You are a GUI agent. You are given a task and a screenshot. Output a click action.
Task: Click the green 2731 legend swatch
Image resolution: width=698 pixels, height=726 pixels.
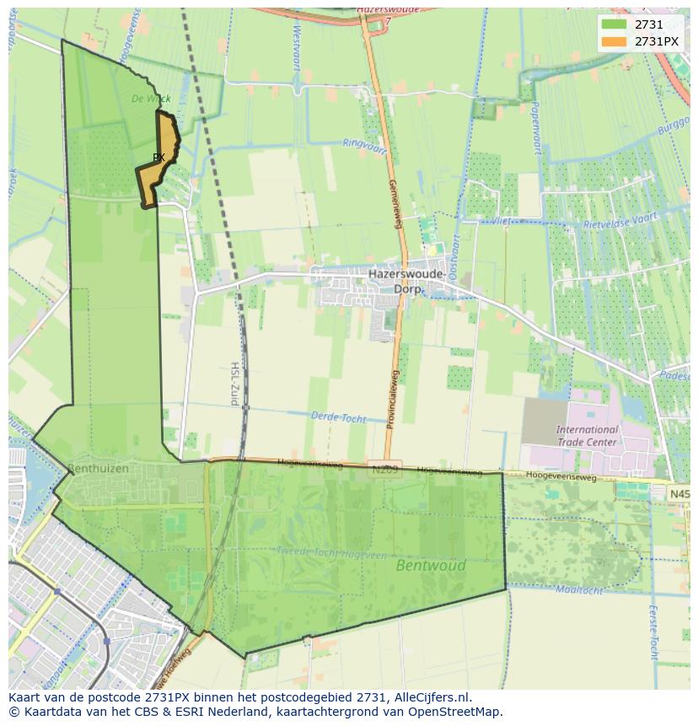tap(614, 24)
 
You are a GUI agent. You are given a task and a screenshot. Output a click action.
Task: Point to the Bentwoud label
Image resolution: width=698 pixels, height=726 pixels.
tap(431, 566)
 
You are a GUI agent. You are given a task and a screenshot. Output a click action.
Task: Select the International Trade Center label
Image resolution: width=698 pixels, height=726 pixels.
tap(587, 435)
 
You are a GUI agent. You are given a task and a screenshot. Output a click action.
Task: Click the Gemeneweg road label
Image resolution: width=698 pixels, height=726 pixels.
tap(393, 202)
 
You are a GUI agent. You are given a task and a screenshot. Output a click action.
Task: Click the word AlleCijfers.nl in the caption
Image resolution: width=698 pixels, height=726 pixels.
tap(430, 697)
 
